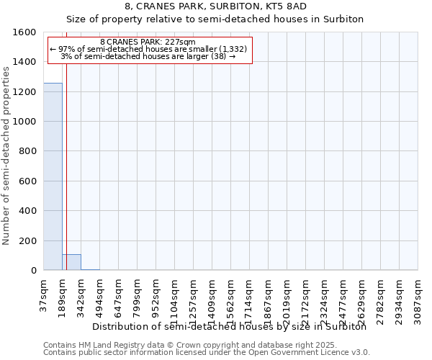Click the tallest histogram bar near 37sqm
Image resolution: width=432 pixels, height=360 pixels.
tap(53, 176)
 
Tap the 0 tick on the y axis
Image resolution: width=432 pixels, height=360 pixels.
tap(33, 271)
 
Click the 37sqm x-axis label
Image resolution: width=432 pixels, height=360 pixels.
tap(44, 293)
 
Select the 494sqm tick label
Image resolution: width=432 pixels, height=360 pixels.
tap(100, 295)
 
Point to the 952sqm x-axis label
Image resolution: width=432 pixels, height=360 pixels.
tap(156, 295)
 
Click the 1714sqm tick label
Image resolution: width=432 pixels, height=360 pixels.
tap(250, 297)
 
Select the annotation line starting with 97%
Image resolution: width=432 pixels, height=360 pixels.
tap(148, 49)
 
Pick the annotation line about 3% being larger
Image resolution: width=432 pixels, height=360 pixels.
tap(148, 56)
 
